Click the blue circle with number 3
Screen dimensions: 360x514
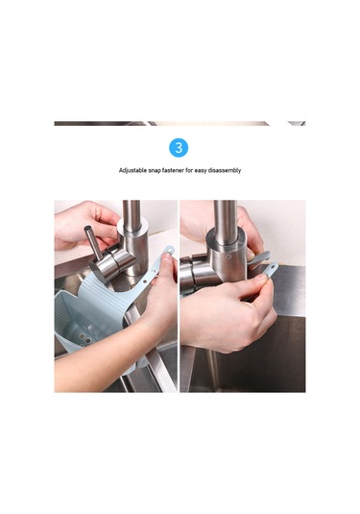179,148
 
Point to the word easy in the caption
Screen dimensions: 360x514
202,170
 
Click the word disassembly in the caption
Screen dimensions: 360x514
225,170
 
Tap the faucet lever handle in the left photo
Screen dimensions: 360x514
93,241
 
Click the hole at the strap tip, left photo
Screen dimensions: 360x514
169,250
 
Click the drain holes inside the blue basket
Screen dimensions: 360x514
84,338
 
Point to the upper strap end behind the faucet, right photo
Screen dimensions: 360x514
260,257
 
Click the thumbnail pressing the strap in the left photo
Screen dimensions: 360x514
166,257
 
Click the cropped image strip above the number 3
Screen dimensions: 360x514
180,124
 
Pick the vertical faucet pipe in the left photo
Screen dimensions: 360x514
132,214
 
